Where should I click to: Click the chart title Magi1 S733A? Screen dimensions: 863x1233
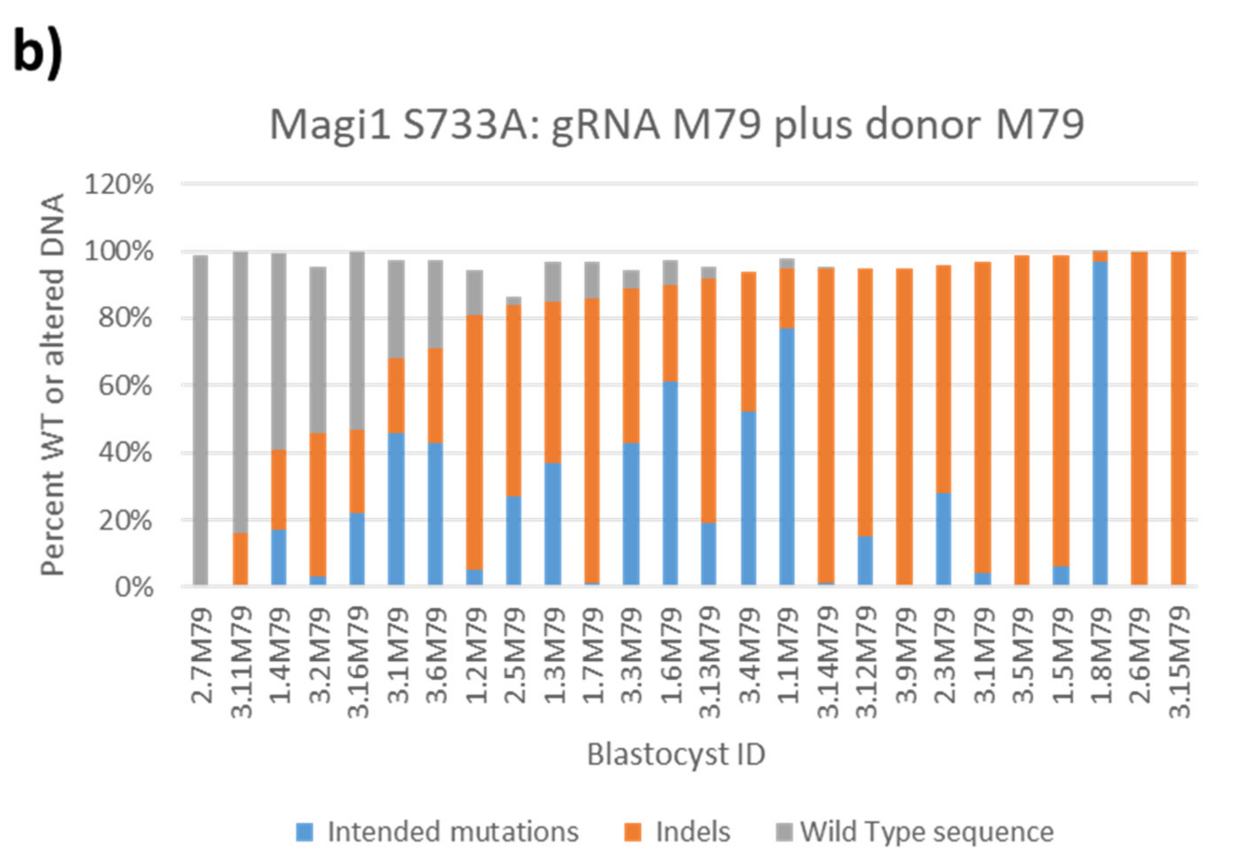(676, 125)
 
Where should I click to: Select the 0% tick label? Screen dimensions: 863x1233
(134, 587)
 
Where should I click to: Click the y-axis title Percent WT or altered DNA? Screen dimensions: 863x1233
(53, 385)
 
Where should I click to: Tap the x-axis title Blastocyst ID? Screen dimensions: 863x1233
(676, 754)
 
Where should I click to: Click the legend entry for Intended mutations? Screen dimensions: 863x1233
(452, 832)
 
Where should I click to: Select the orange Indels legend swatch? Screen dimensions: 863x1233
(633, 833)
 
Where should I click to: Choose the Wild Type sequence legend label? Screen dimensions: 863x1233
(927, 832)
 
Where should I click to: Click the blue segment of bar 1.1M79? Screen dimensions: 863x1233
(787, 456)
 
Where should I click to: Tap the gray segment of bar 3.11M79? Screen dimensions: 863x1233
(240, 392)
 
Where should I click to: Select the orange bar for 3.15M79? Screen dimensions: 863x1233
(1179, 418)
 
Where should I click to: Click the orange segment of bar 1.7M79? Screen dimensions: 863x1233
(592, 440)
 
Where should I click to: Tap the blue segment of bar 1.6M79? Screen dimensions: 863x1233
(670, 483)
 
